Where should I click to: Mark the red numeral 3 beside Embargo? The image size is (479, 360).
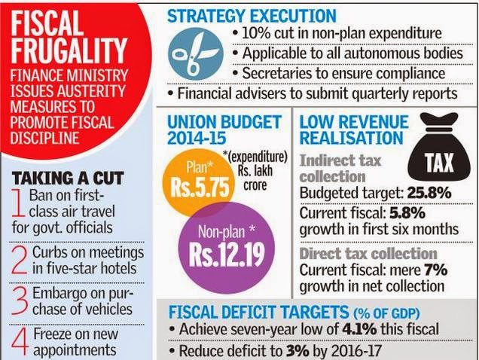(x=23, y=300)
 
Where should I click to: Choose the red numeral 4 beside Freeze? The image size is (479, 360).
(x=23, y=340)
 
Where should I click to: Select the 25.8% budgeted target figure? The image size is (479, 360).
(x=431, y=193)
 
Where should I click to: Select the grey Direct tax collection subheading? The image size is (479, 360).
(x=368, y=254)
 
